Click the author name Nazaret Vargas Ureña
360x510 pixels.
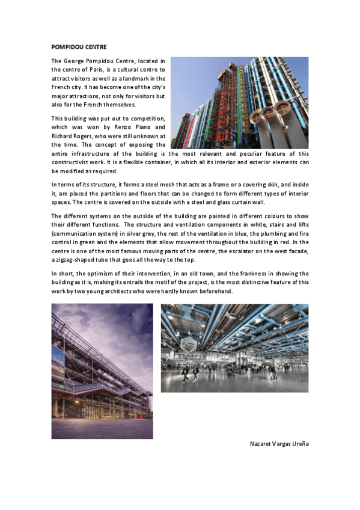(279, 444)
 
